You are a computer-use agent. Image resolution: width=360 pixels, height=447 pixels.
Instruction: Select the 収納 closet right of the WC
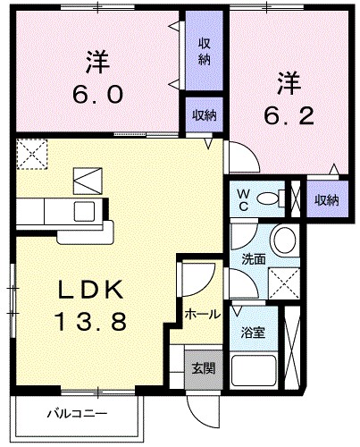coord(325,199)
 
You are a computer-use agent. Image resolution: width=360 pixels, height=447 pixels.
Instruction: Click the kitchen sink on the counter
coord(86,211)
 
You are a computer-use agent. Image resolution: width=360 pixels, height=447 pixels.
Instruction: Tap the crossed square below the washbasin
coord(284,284)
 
